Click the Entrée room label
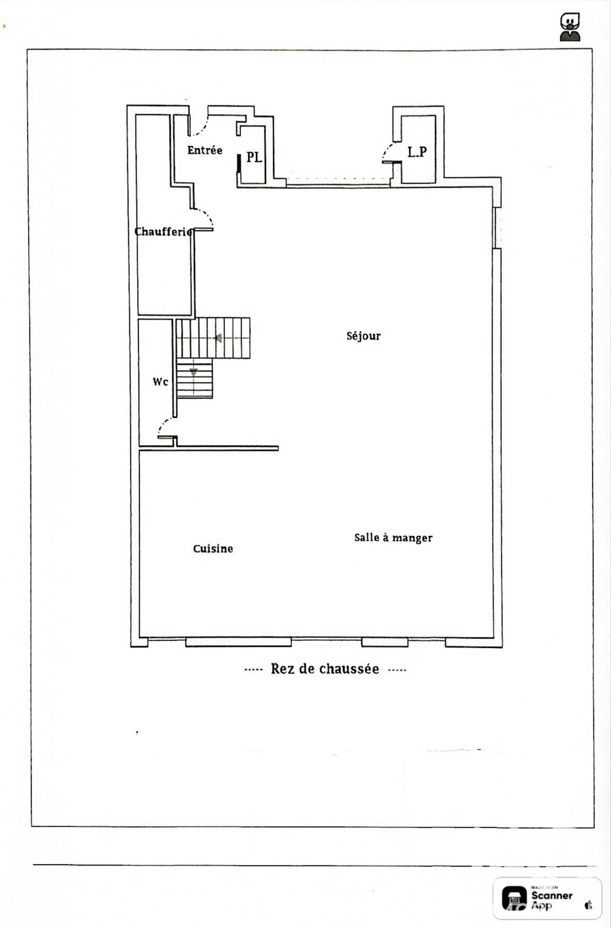205,150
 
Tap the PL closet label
254,157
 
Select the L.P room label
417,152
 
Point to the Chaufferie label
163,232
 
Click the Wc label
160,382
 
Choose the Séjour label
363,335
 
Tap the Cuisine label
213,549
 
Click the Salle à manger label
393,537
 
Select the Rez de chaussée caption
325,669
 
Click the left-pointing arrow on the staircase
219,338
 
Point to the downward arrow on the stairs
194,372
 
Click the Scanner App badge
547,898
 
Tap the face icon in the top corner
570,27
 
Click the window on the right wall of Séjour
498,228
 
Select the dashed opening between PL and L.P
338,180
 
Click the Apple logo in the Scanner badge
588,905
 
